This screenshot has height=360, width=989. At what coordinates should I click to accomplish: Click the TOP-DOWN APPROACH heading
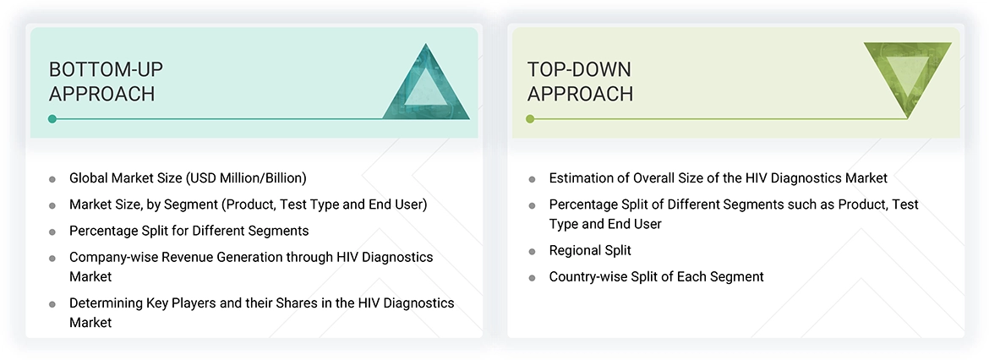[580, 81]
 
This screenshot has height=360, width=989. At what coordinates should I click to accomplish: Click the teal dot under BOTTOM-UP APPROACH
[52, 119]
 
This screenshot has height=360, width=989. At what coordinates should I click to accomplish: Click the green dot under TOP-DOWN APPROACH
[530, 119]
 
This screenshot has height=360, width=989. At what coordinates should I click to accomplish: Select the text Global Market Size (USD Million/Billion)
[188, 178]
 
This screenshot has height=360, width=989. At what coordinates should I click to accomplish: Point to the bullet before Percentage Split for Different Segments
[52, 232]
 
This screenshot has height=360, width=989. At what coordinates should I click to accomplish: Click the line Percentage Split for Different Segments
[189, 231]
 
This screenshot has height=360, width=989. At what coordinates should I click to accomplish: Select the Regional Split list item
[590, 250]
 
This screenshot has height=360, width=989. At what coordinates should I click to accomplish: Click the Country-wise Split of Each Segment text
[656, 276]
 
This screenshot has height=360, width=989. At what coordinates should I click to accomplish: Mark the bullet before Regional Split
[532, 252]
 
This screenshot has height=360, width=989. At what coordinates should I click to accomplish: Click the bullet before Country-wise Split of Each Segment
[532, 278]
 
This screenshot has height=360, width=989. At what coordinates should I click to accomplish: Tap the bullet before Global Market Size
[52, 179]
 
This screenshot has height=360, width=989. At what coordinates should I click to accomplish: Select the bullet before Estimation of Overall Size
[532, 179]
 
